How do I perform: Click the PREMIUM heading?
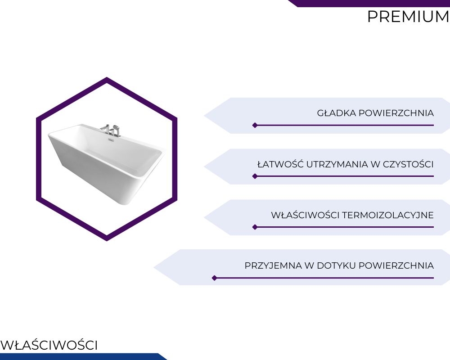pos(408,17)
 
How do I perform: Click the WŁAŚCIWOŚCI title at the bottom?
pos(49,345)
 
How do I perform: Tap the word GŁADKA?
pos(336,113)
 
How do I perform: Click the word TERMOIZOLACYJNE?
pos(388,215)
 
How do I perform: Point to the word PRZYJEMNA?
pos(273,265)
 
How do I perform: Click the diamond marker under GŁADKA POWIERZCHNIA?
pos(255,125)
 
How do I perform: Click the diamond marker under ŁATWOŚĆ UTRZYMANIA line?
pos(255,176)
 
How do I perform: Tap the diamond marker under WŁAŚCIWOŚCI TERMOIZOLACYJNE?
pos(255,227)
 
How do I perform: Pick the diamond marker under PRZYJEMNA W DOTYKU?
pos(214,278)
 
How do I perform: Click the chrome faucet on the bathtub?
pos(111,130)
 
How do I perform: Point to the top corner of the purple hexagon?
pos(107,77)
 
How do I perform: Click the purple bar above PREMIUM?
pos(369,3)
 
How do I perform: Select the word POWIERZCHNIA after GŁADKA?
pos(396,113)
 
